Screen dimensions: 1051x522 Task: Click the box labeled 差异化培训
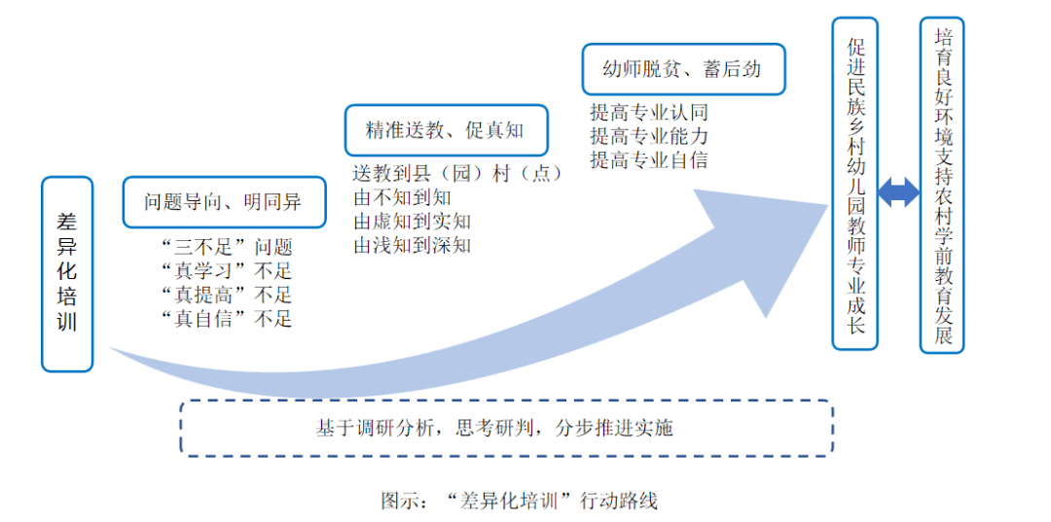[x=67, y=274]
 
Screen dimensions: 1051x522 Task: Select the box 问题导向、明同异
[x=225, y=202]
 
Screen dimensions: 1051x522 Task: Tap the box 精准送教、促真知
[x=447, y=130]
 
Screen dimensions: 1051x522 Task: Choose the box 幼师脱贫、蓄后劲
[x=683, y=69]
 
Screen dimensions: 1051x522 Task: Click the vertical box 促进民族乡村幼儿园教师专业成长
[x=854, y=184]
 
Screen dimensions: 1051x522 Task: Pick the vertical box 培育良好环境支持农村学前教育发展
[x=942, y=185]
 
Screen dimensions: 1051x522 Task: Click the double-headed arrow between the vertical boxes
[x=899, y=192]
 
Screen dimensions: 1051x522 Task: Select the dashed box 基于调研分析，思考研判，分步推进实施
[x=507, y=429]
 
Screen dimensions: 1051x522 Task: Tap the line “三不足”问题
[x=228, y=248]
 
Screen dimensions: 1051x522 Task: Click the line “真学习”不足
[x=228, y=272]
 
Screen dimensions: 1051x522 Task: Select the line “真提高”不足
[x=228, y=296]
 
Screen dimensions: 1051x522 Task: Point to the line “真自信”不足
[x=228, y=319]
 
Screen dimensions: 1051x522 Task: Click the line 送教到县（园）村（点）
[x=457, y=174]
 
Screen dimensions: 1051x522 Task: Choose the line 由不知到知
[x=402, y=198]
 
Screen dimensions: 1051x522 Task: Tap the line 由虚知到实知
[x=413, y=222]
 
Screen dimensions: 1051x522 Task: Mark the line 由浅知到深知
[x=413, y=246]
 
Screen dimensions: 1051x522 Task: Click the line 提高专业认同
[x=649, y=112]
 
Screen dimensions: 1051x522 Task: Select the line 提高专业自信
[x=649, y=160]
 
